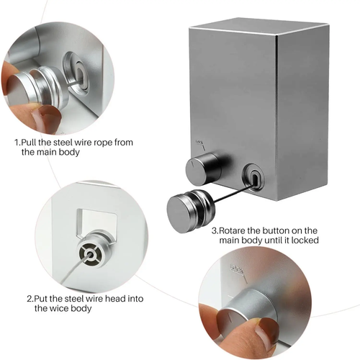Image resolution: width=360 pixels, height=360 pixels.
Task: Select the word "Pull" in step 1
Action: pyautogui.click(x=29, y=143)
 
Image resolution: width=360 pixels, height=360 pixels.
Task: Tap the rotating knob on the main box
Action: pyautogui.click(x=204, y=168)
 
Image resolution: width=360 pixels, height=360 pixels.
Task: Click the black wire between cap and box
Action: pyautogui.click(x=232, y=193)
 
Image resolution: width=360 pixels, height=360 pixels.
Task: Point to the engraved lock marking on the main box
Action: pyautogui.click(x=201, y=145)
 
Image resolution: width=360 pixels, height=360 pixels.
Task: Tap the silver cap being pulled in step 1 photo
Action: pyautogui.click(x=38, y=89)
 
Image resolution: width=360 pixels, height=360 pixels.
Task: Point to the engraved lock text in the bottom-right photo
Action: pyautogui.click(x=237, y=269)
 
